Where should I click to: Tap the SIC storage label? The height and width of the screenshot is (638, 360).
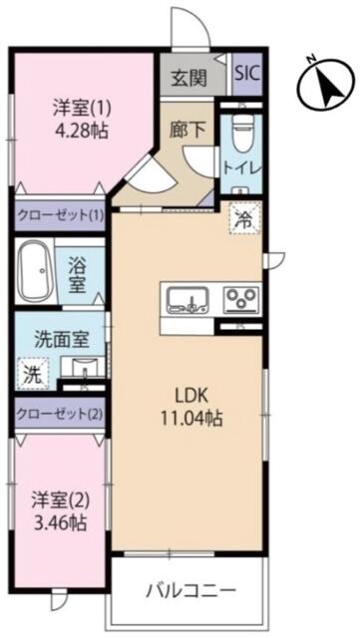point(247,74)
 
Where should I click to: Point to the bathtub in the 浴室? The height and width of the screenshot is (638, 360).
point(36,271)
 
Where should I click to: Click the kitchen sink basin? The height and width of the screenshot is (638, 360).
point(188,300)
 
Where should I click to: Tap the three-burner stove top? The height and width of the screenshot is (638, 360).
point(241,300)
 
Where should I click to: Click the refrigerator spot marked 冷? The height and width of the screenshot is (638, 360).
point(244,219)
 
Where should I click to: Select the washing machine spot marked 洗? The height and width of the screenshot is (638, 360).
point(33,374)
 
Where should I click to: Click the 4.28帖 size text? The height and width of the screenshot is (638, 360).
point(82,131)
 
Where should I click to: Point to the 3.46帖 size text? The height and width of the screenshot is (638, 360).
point(60,522)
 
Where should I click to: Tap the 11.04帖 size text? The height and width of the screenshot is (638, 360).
point(191,418)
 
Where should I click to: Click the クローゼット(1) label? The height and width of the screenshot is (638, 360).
point(60,214)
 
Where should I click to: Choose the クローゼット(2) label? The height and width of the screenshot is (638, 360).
point(60,415)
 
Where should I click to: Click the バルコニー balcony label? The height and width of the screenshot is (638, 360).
point(191,590)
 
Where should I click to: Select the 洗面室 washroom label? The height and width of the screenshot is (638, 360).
point(62,339)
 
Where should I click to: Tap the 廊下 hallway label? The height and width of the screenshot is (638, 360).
point(187,130)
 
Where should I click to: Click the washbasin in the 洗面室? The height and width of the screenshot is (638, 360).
point(85,368)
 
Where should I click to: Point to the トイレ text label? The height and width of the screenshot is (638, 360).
point(241,169)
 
